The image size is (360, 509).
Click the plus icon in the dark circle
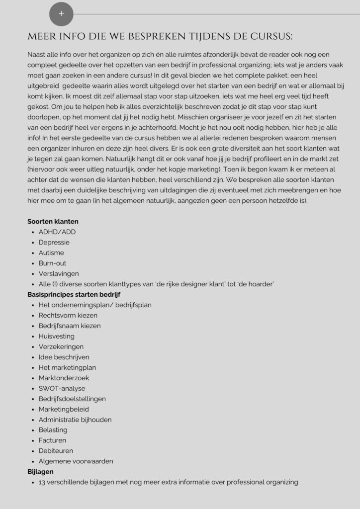(61, 14)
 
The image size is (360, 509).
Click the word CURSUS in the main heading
(270, 37)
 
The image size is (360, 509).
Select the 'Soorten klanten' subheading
(53, 221)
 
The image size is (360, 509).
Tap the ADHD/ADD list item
(57, 232)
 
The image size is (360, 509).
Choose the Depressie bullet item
(54, 242)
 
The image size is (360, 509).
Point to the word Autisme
(53, 253)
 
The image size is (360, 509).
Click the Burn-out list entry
(53, 263)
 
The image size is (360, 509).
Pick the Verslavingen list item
(59, 273)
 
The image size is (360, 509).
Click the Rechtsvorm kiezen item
(68, 315)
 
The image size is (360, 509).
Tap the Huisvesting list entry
(57, 336)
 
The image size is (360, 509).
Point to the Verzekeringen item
(61, 346)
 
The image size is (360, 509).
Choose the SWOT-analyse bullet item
(62, 388)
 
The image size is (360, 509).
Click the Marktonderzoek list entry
(64, 378)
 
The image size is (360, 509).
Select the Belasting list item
(53, 430)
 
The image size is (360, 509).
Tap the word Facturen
(52, 440)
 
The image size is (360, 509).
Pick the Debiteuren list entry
(56, 451)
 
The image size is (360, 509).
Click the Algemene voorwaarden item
(76, 461)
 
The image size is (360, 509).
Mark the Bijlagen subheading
(41, 471)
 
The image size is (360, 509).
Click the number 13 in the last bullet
(42, 482)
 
